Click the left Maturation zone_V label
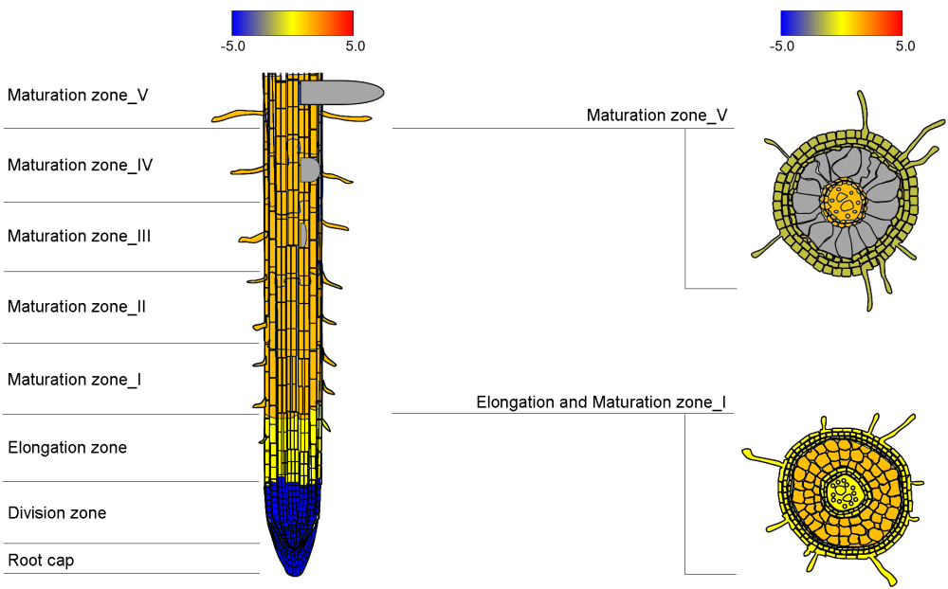[78, 95]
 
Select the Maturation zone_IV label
[81, 165]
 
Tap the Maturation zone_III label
[80, 236]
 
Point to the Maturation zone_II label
[77, 307]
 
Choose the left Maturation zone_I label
[75, 380]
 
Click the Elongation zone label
[67, 447]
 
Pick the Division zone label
[57, 513]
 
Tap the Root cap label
[41, 561]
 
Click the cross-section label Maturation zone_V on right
[657, 116]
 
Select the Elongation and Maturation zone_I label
[601, 402]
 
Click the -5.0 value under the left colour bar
[233, 45]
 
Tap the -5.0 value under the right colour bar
[782, 45]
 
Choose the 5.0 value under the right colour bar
[904, 45]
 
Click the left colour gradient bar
[292, 23]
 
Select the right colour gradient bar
[841, 23]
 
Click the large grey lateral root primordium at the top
[341, 92]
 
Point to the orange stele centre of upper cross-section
[843, 201]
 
